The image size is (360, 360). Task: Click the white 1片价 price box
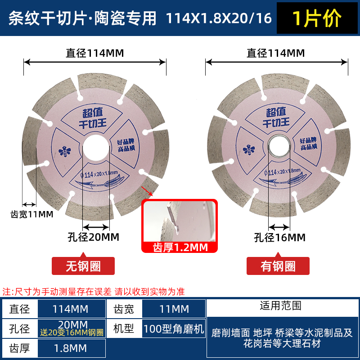317,18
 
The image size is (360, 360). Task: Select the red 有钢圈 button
278,266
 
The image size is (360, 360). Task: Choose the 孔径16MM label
279,237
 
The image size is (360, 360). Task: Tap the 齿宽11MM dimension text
31,214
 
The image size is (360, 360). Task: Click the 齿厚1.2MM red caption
180,247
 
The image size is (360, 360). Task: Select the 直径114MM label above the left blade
95,53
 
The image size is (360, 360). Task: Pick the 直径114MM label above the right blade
276,53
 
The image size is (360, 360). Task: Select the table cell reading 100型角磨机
174,328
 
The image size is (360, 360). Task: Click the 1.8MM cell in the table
72,348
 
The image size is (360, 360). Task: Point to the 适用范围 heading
281,306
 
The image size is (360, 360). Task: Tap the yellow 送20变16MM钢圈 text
72,333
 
